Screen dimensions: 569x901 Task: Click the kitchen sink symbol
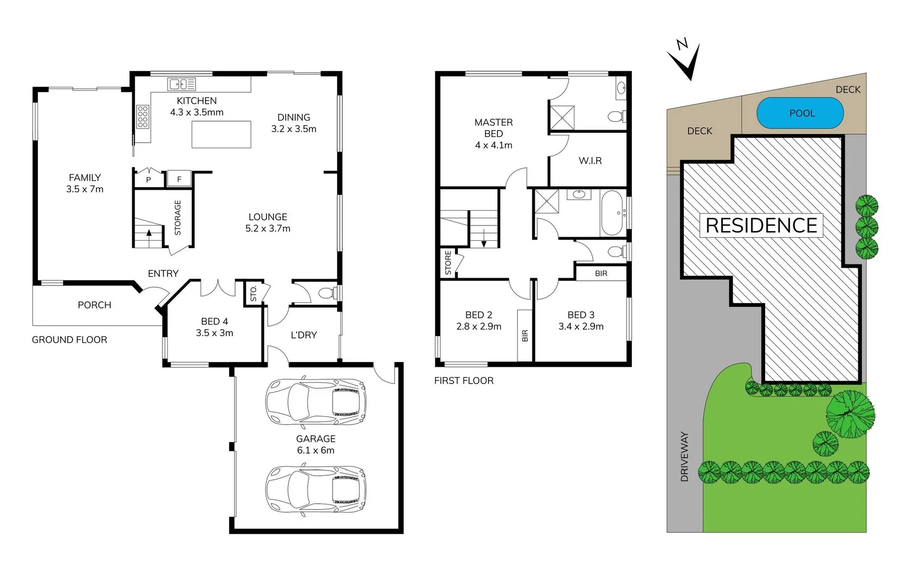181,84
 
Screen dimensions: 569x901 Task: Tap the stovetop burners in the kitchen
143,117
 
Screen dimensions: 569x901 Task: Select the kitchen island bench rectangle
221,134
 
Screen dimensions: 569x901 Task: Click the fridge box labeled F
179,179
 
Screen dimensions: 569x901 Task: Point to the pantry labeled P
149,180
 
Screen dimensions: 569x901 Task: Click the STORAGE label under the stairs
178,218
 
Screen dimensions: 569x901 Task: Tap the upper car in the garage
316,401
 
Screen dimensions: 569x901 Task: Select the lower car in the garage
316,489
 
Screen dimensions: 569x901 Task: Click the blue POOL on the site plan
800,113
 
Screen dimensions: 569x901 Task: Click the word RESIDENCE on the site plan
761,225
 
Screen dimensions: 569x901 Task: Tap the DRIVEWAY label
684,457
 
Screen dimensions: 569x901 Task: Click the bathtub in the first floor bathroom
612,212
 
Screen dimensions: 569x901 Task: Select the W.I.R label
590,161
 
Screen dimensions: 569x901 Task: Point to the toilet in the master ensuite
616,116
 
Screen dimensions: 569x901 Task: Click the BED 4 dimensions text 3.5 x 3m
214,333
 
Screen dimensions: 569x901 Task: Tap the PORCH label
94,305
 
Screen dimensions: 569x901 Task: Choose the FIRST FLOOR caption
464,380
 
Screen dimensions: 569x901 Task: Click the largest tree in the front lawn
849,414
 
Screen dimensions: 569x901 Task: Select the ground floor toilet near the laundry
327,293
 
